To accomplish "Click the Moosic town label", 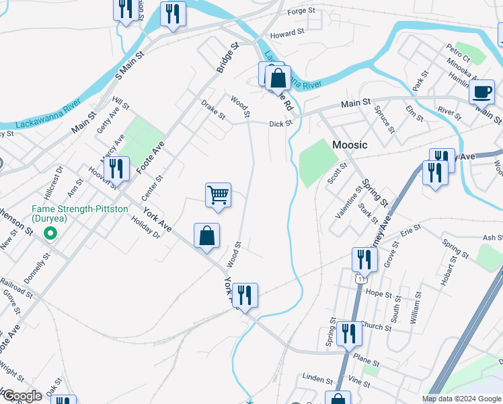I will point(350,145).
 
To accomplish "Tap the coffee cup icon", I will point(481,91).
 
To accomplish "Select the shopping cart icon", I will point(218,195).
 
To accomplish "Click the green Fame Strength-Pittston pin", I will point(48,234).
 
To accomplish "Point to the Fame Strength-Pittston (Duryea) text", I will point(79,214).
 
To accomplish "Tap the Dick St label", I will point(280,124).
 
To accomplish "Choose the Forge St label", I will point(301,11).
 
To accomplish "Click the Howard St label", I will point(287,32).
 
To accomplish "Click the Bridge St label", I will point(227,59).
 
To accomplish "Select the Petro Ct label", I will point(458,53).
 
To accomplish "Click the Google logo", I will point(22,396).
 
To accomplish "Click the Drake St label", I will point(213,109).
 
